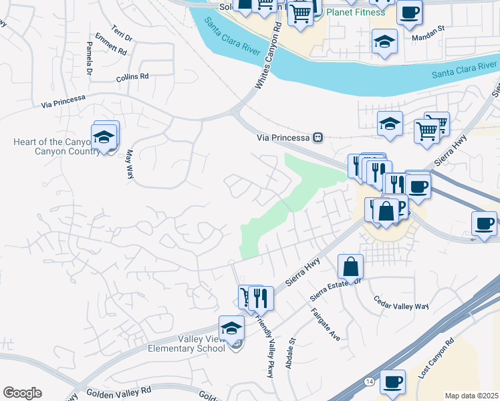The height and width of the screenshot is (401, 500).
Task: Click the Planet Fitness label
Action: pos(355,12)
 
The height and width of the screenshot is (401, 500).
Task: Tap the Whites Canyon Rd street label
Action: pos(267,57)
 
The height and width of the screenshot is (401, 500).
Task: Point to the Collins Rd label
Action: pos(132,77)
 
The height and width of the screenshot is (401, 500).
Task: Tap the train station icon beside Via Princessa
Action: pos(318,137)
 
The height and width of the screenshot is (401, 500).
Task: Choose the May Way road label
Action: pos(128,164)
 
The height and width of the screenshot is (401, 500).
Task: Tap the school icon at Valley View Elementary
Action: pos(232,327)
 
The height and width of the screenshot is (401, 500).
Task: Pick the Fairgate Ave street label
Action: pos(326,324)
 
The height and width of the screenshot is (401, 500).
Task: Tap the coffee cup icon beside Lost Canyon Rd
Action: pos(393,381)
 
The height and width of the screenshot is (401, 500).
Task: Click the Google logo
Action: pos(22,393)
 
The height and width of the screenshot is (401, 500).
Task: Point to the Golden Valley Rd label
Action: pos(115,390)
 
